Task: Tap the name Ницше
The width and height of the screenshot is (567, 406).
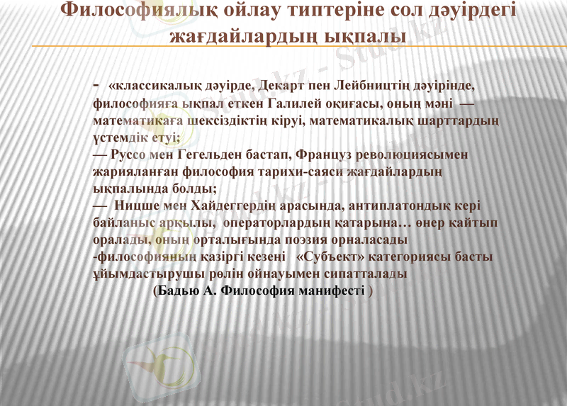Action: [135, 205]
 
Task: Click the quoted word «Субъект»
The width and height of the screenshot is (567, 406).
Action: [331, 256]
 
